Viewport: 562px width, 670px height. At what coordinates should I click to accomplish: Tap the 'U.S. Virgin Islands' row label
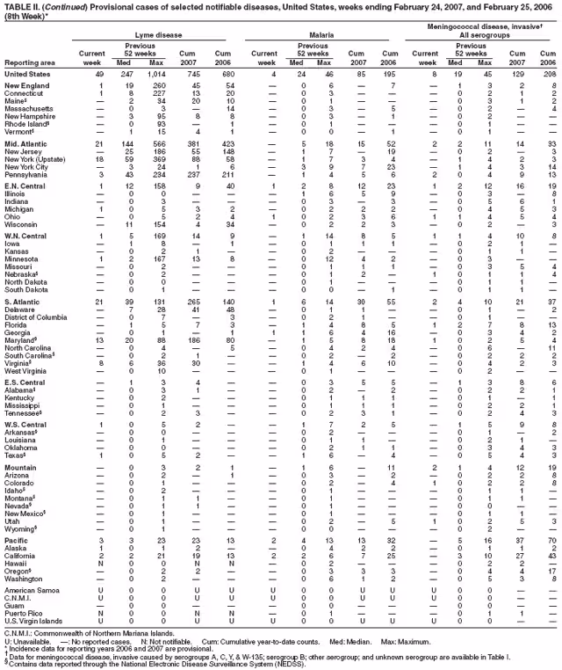click(x=38, y=621)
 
